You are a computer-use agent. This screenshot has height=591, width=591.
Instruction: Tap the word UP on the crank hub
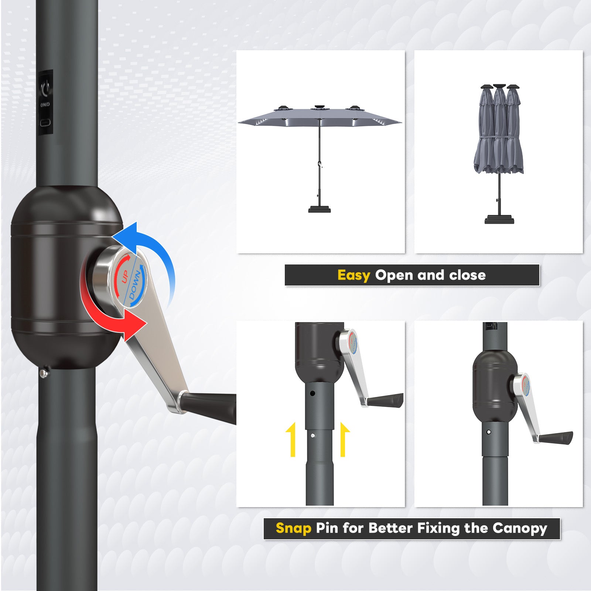[125, 276]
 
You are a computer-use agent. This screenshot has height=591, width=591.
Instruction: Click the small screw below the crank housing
[44, 373]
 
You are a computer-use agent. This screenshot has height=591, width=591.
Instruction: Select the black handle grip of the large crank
[211, 406]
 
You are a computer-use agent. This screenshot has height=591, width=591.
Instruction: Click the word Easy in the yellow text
[353, 275]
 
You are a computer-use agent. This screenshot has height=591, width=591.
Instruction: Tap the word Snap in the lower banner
[294, 528]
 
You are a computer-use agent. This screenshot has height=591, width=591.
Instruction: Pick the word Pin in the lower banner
[327, 528]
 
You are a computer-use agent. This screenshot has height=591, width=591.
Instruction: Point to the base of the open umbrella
[320, 209]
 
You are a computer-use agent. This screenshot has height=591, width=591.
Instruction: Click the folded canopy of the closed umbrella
[499, 133]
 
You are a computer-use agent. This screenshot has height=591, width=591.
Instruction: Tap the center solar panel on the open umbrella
[320, 108]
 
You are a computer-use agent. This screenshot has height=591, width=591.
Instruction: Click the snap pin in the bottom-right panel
[489, 432]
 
